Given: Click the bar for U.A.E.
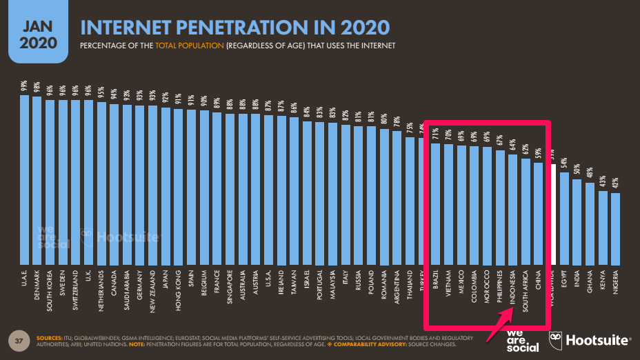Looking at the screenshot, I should (x=24, y=179).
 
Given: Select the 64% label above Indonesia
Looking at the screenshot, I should (x=512, y=146).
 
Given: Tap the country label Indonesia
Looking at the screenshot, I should (x=512, y=294).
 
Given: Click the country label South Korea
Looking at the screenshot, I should (x=50, y=290).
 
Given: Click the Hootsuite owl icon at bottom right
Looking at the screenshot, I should (x=557, y=340).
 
